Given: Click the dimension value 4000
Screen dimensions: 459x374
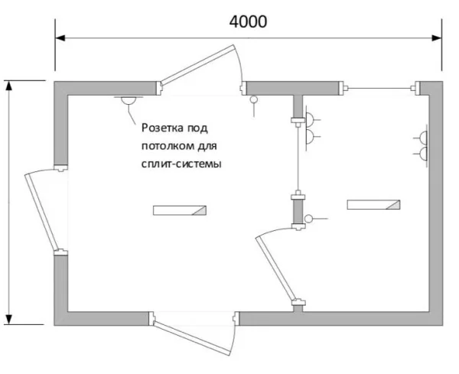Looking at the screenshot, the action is coord(248,21).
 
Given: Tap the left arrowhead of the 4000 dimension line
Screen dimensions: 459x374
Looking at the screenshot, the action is coord(60,38).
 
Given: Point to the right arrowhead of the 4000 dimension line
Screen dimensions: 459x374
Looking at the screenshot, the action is coord(437,38).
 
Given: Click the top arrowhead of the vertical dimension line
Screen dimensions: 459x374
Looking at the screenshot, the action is coord(9,85).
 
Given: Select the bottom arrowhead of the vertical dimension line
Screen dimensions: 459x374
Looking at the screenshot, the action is coord(9,320).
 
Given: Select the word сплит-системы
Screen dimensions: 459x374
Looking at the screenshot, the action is coord(181,164).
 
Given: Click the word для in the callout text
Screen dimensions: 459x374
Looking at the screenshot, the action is coord(207,146).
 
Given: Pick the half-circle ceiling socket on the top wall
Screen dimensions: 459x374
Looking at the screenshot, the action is coord(129,100).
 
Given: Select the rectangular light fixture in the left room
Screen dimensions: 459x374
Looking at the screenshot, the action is coord(180,210).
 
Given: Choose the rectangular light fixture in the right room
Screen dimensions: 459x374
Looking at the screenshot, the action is coord(373,204).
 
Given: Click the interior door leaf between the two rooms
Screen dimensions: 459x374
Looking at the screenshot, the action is coord(275,269).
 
